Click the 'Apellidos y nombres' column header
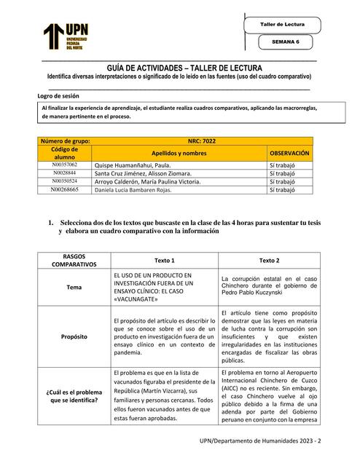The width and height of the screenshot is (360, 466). [179, 154]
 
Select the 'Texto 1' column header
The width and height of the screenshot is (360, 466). [165, 259]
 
